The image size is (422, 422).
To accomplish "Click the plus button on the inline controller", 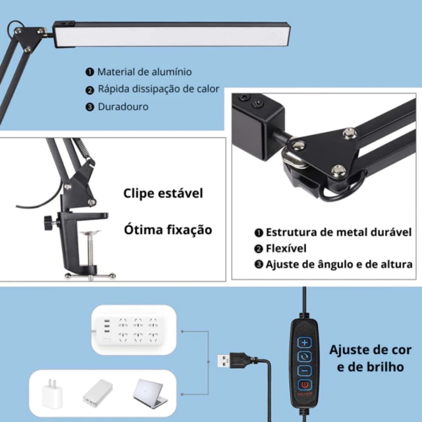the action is pyautogui.click(x=305, y=342).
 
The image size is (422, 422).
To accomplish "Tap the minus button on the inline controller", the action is pyautogui.click(x=305, y=370).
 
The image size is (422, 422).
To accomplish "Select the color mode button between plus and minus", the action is pyautogui.click(x=305, y=356).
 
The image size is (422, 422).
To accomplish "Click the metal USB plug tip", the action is pyautogui.click(x=223, y=361).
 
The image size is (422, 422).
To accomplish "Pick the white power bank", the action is pyautogui.click(x=98, y=392).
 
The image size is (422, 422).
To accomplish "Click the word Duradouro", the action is pyautogui.click(x=123, y=107).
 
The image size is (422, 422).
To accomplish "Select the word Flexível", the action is pyautogui.click(x=286, y=249).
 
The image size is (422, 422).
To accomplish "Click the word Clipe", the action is pyautogui.click(x=139, y=194).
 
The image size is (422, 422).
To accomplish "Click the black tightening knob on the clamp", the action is pyautogui.click(x=48, y=223).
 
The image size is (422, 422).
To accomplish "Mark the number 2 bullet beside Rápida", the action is pyautogui.click(x=89, y=90).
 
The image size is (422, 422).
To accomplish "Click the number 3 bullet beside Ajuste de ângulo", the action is pyautogui.click(x=258, y=265).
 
